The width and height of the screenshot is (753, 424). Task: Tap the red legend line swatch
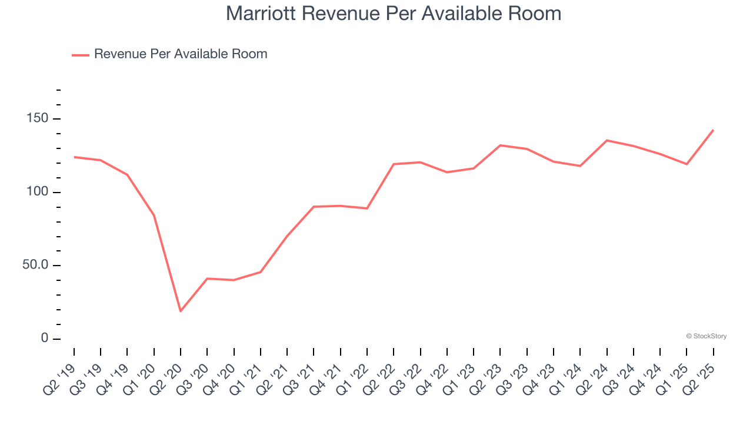[81, 55]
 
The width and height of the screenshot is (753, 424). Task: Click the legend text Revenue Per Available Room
[181, 54]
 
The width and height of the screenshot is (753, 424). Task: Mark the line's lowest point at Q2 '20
[181, 311]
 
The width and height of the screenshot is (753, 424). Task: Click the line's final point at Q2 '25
[714, 130]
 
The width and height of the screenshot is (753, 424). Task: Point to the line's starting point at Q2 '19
[74, 157]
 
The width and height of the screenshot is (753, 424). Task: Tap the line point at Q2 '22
[394, 164]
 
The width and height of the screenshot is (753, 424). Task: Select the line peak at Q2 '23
[500, 145]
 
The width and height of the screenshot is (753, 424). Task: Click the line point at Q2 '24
[607, 140]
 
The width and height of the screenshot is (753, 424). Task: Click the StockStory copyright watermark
[706, 336]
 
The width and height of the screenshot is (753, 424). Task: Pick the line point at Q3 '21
[314, 207]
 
